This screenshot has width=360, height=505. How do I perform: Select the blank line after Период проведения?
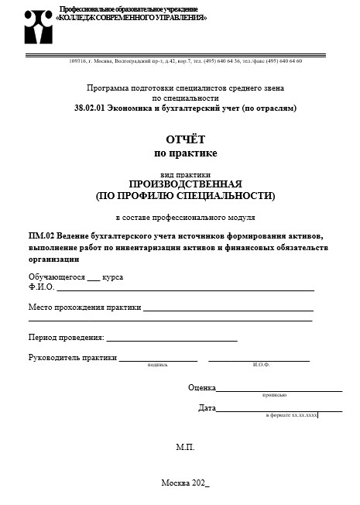coord(171,338)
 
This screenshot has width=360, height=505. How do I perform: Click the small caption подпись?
coord(157,364)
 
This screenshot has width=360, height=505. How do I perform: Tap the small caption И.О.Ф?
coord(260,364)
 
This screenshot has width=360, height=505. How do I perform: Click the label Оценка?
coord(201,387)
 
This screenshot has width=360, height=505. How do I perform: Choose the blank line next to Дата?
coord(279,408)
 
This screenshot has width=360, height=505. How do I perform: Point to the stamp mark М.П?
coord(185,448)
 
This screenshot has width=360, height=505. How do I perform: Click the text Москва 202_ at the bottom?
coord(185,483)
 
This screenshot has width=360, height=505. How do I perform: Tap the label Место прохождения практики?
coord(84,307)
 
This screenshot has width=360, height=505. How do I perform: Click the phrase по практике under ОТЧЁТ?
coord(186,153)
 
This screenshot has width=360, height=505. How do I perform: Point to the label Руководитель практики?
coord(73,358)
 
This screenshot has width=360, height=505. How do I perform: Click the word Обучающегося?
coord(57,277)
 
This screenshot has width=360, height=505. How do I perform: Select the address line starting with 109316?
coord(186,60)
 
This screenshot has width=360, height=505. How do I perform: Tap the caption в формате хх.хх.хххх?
coord(291,416)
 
